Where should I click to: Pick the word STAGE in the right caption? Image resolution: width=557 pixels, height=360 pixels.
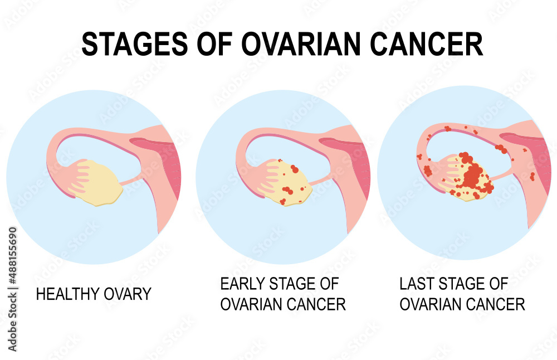click(x=463, y=284)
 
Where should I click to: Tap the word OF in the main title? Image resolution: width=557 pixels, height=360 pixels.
click(x=217, y=44)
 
